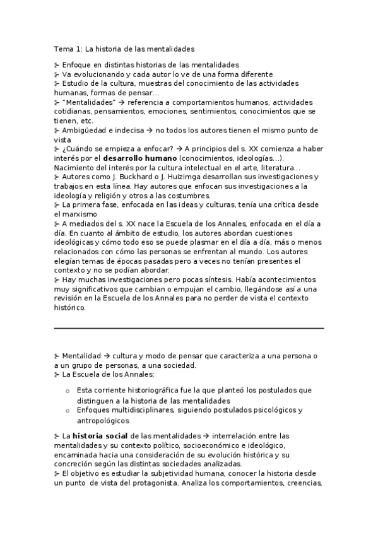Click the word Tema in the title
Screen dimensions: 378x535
coord(62,48)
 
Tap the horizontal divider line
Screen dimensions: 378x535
coord(189,328)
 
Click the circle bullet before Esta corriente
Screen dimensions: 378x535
coord(68,391)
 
